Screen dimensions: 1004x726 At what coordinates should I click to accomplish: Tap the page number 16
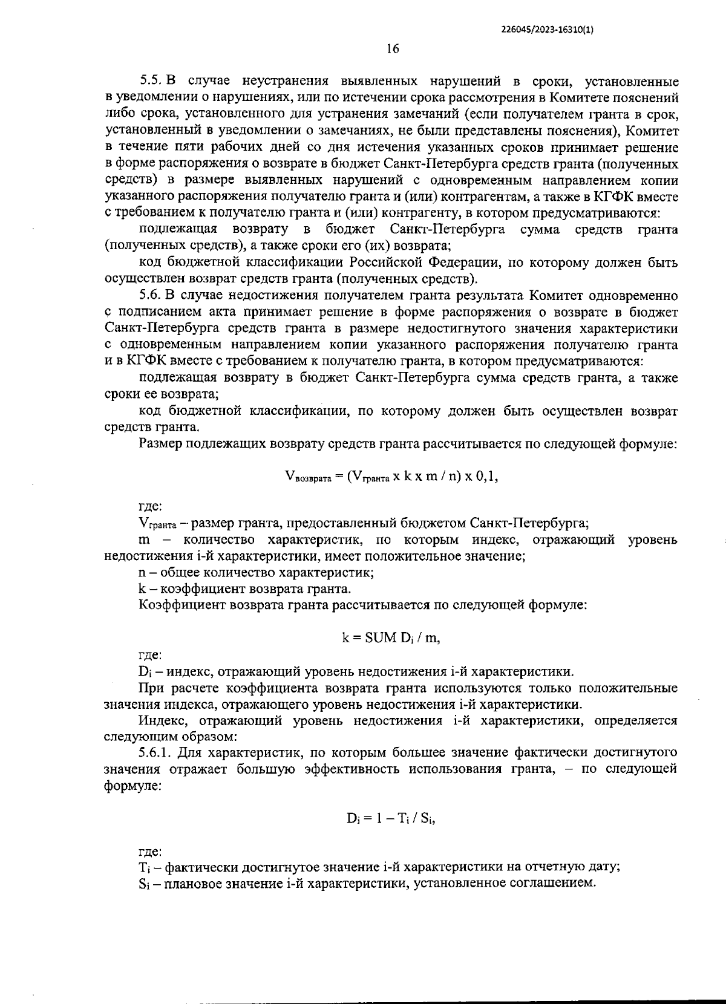click(393, 50)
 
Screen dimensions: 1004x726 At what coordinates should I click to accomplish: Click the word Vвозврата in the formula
click(307, 477)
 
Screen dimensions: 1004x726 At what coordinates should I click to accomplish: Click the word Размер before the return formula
click(160, 444)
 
